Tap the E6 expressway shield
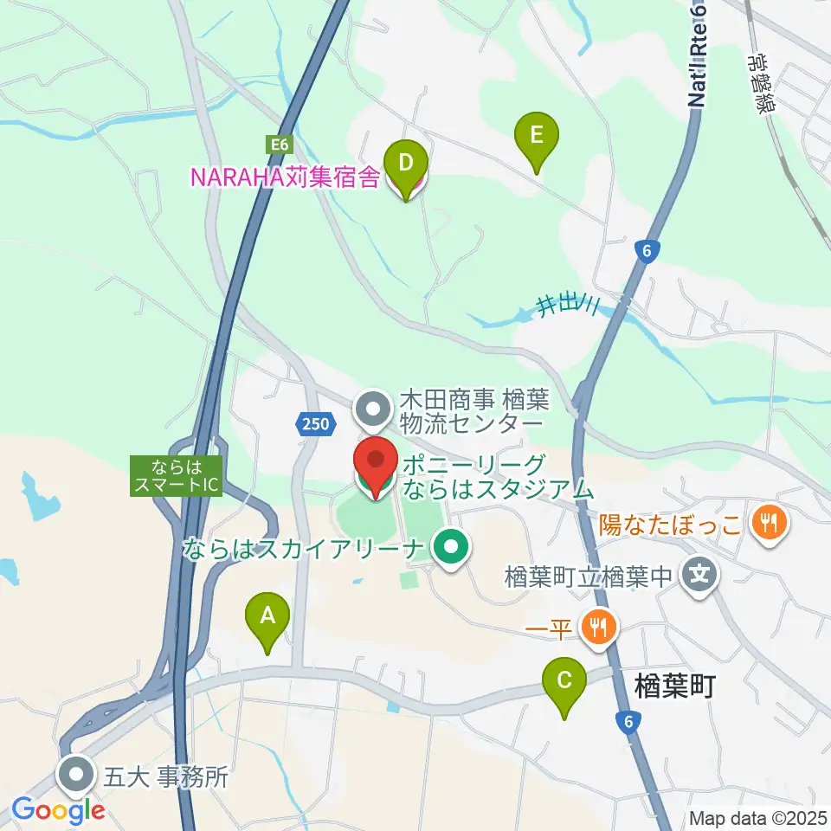tap(277, 145)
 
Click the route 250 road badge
tap(316, 423)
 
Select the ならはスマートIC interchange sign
tap(177, 476)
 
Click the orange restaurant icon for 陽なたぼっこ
tap(767, 522)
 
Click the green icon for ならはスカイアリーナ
tap(450, 546)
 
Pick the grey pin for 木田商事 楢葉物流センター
tap(374, 408)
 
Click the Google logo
tap(58, 811)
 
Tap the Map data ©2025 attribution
tap(758, 818)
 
